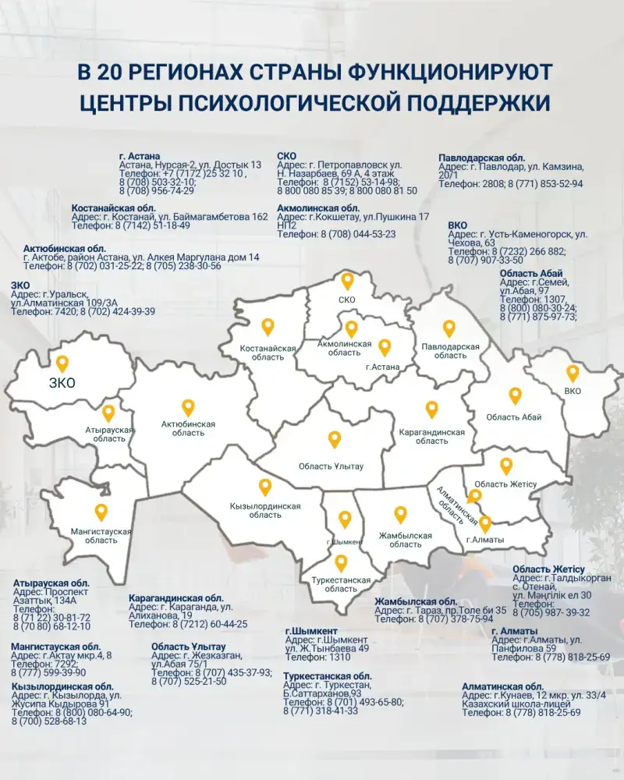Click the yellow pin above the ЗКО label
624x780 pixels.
click(62, 363)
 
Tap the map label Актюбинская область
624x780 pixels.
click(188, 428)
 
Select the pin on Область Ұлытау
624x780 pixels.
click(335, 440)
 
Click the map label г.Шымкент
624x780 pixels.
click(345, 542)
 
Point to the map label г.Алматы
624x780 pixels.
click(484, 540)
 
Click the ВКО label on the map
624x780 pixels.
click(573, 391)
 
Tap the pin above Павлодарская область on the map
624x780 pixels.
click(448, 328)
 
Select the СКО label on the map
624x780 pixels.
click(347, 300)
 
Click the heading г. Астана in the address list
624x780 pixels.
click(140, 156)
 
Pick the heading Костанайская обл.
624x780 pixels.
click(114, 208)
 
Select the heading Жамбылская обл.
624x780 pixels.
click(416, 601)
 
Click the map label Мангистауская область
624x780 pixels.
click(101, 536)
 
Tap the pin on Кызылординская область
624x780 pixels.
click(265, 487)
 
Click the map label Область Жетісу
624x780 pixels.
click(506, 484)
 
